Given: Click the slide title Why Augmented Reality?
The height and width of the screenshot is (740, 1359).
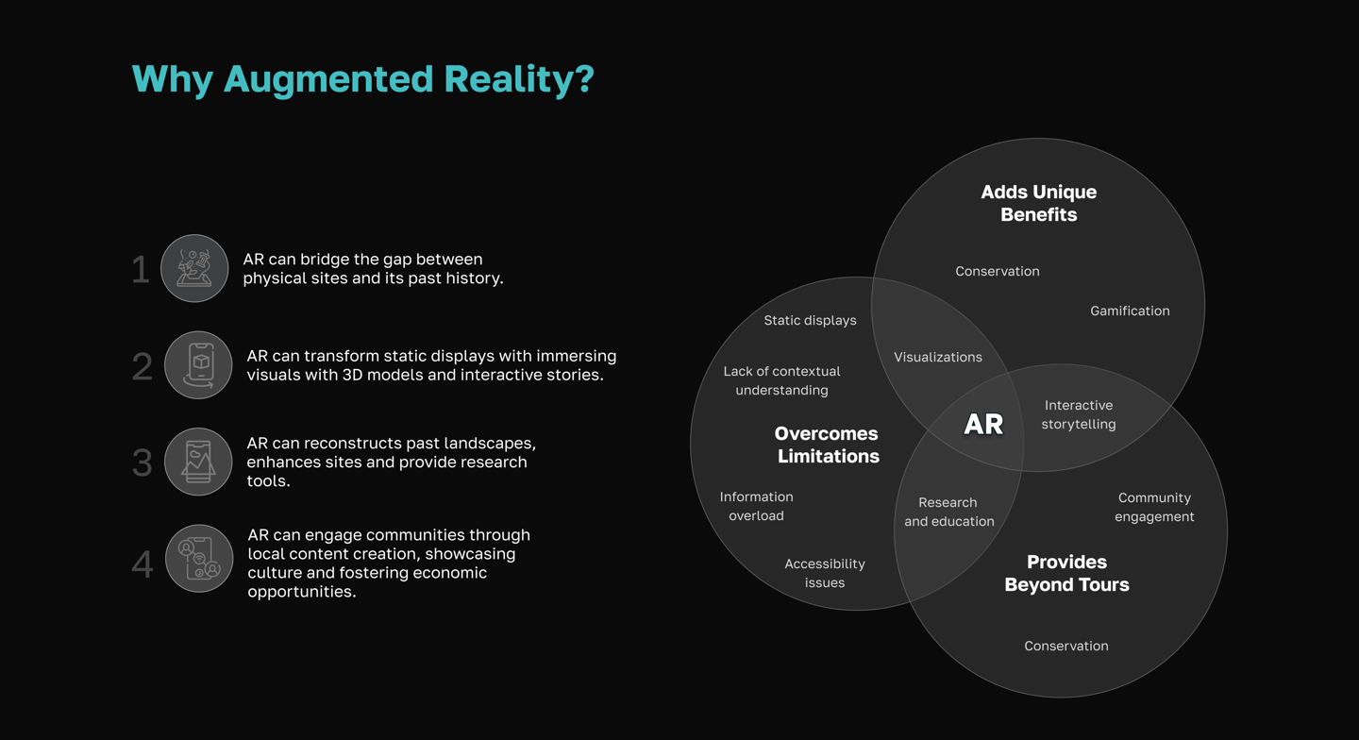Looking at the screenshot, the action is (x=362, y=79).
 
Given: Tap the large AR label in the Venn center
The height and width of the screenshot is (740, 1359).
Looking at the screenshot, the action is (x=983, y=425).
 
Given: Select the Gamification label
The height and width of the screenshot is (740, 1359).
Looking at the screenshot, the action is (x=1130, y=311).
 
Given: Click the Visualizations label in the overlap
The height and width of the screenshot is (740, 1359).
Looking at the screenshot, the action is (x=938, y=357).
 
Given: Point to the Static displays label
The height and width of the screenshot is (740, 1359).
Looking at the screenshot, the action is (x=810, y=320).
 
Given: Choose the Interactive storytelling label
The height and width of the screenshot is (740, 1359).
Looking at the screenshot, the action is (x=1079, y=414).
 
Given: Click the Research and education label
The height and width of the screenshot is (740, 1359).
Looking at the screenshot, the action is (x=948, y=512).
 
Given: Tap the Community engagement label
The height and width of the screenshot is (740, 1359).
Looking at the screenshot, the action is (x=1154, y=507).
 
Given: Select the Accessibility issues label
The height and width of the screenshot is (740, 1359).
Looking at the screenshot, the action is (x=825, y=573).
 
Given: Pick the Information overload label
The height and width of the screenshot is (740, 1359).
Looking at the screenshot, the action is (x=756, y=506).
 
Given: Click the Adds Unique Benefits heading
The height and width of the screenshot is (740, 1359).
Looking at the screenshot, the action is (x=1038, y=203).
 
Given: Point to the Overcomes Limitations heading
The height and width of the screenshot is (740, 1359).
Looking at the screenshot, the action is (x=827, y=445).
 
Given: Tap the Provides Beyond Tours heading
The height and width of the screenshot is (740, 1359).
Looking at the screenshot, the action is (x=1066, y=573).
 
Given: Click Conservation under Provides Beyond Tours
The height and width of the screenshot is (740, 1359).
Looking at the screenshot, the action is (x=1066, y=646).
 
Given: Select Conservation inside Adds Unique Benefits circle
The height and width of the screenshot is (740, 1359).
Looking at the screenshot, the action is (x=998, y=271).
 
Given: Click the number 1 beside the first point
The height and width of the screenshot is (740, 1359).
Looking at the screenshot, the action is (x=141, y=270).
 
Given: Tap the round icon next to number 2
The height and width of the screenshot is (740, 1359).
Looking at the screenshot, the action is (x=198, y=365).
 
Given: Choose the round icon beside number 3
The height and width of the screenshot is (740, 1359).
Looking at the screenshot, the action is (x=198, y=462).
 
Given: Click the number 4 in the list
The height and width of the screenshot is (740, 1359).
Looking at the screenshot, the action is (x=143, y=564).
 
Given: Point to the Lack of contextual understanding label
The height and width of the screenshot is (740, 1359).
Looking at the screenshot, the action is (x=781, y=380).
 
